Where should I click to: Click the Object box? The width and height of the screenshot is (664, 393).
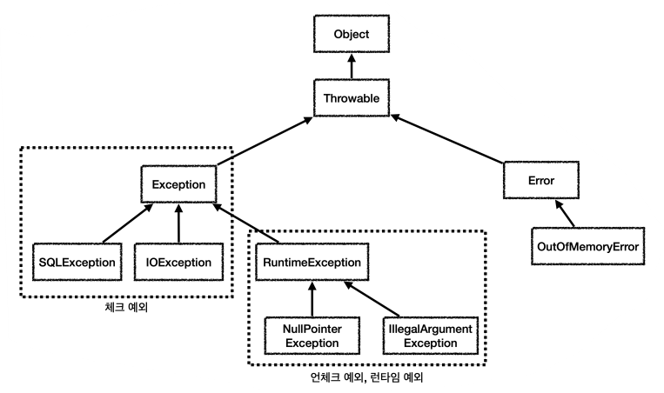click(x=351, y=36)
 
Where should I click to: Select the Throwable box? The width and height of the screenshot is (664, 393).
click(x=352, y=99)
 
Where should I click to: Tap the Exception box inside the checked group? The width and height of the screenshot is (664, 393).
click(x=178, y=184)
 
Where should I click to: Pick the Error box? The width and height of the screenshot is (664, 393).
click(x=541, y=180)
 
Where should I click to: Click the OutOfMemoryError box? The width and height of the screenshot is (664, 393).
click(x=586, y=246)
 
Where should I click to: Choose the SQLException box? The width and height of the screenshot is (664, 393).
click(x=77, y=261)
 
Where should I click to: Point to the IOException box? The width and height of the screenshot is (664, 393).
click(x=178, y=261)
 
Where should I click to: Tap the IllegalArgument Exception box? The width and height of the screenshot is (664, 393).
click(x=430, y=336)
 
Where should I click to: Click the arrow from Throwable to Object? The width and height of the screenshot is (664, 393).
click(x=352, y=66)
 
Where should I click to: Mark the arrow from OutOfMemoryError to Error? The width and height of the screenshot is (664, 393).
click(x=564, y=212)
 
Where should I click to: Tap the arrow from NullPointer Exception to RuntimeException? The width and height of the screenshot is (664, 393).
click(x=311, y=298)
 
